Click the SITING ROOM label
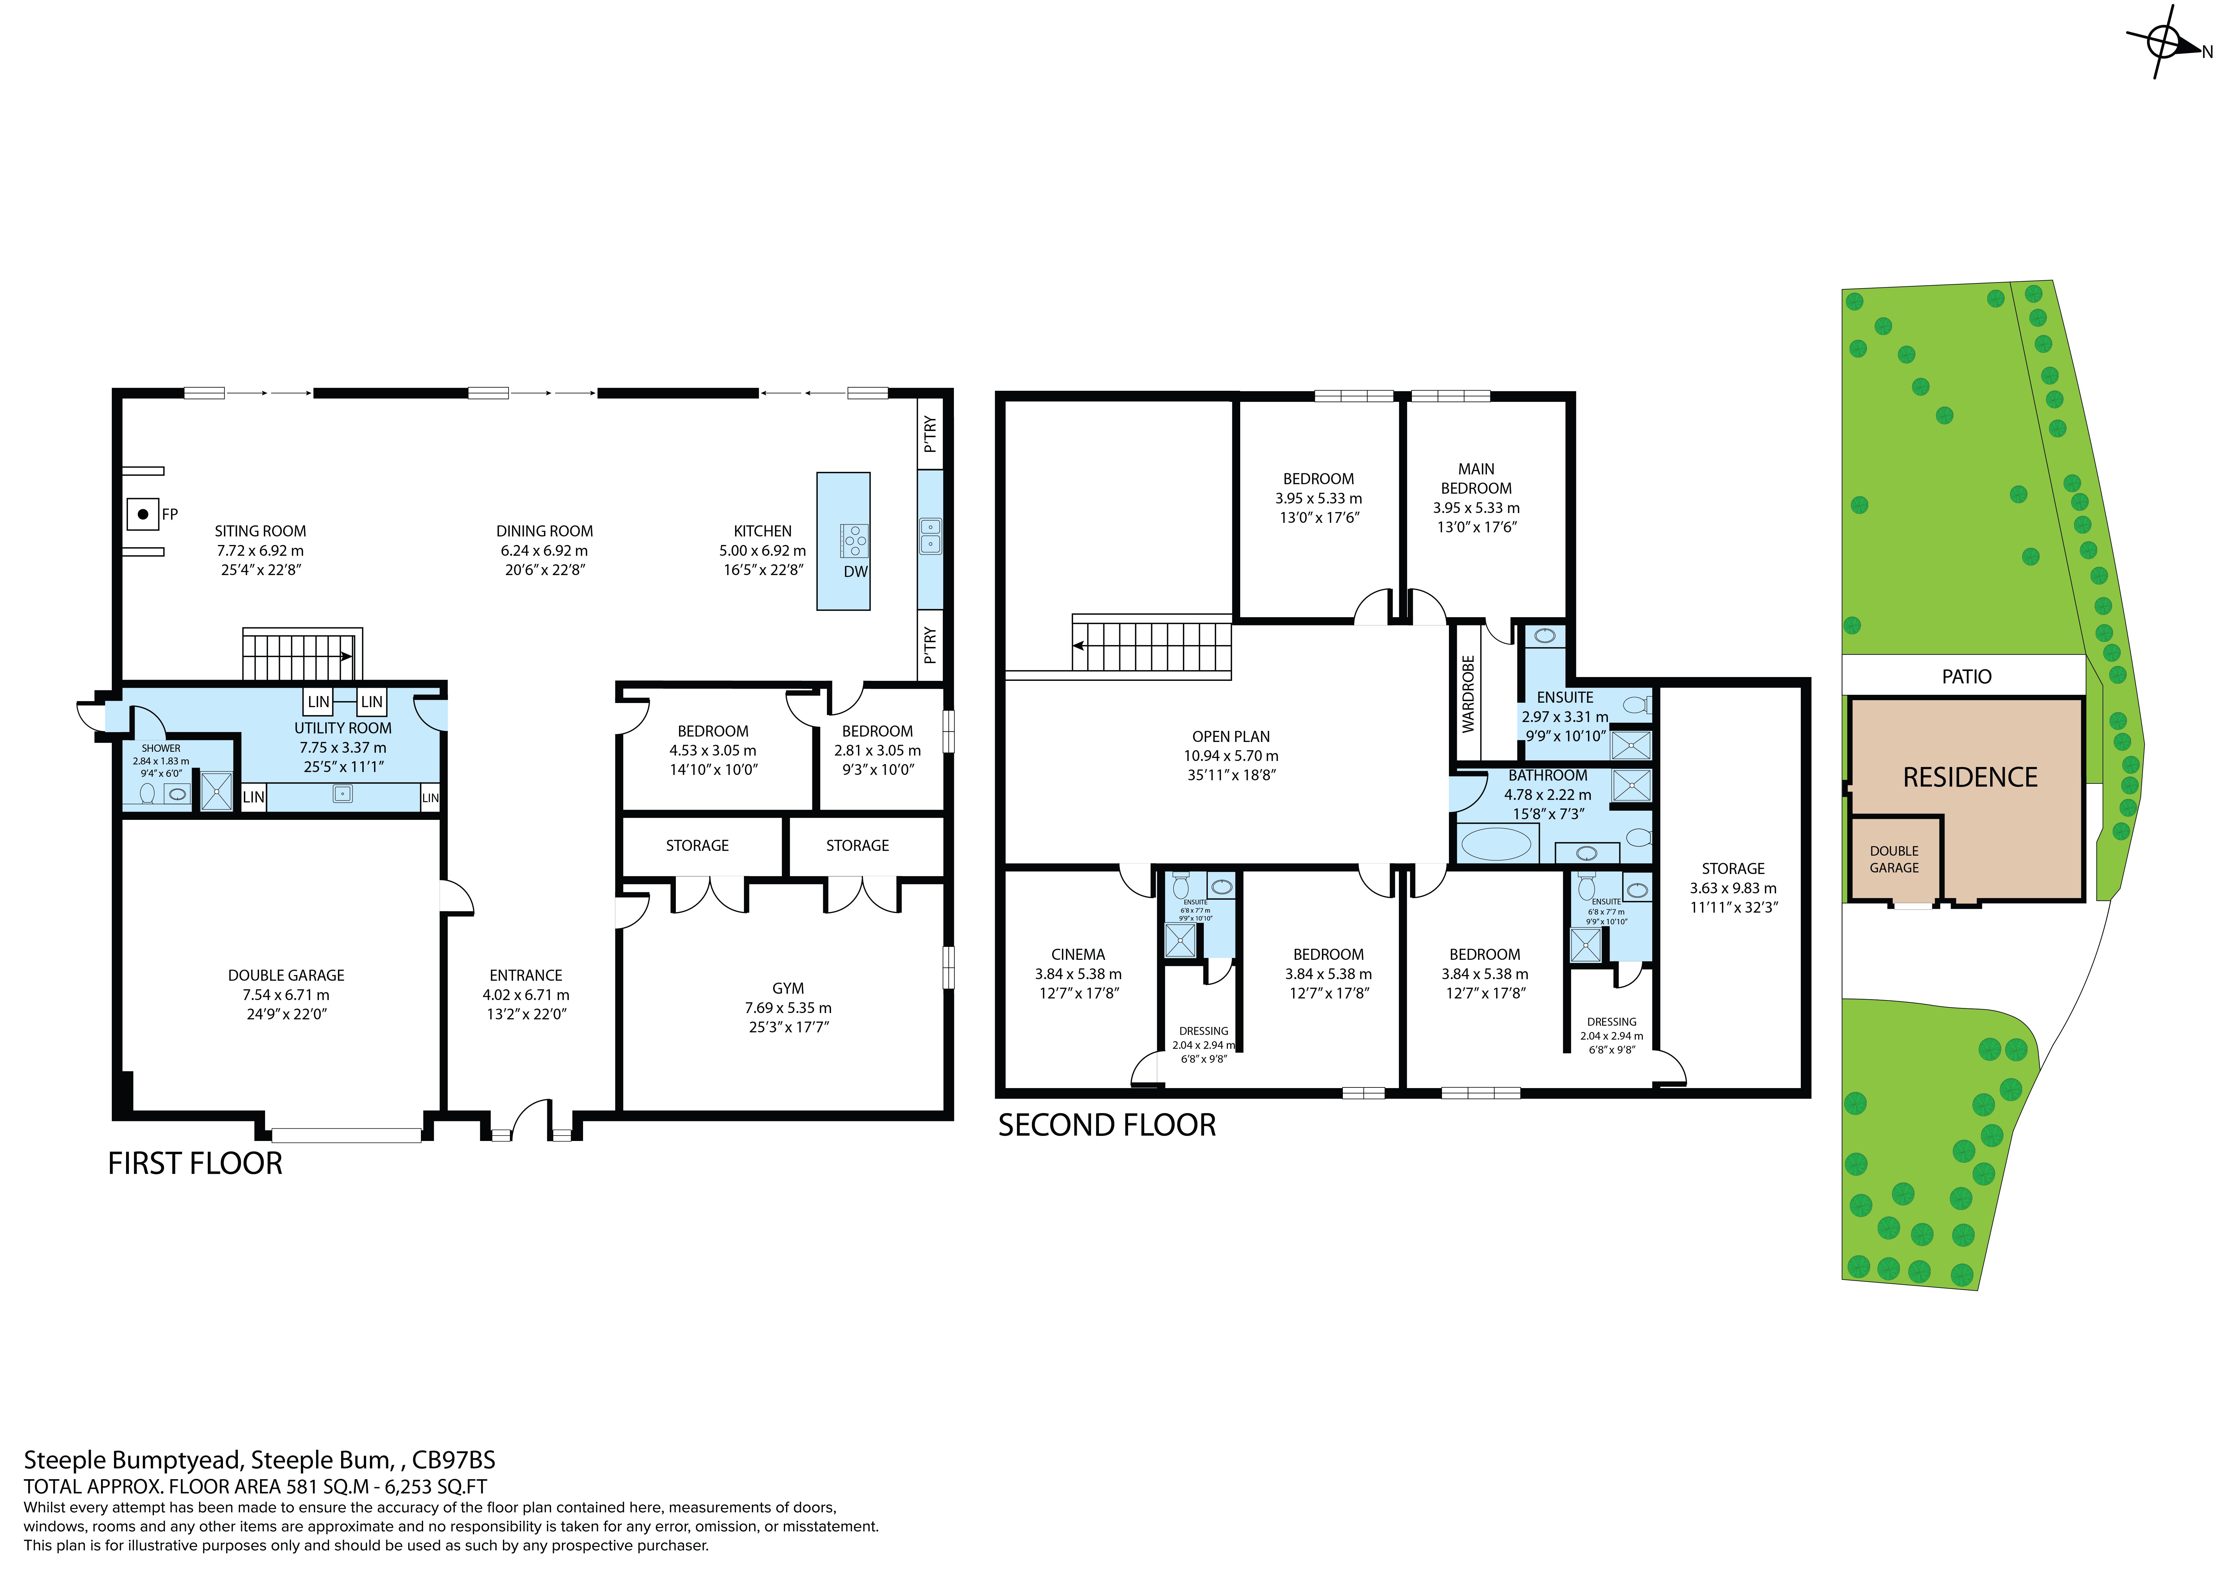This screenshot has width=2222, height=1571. coord(260,531)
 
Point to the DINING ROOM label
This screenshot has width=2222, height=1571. coord(545,531)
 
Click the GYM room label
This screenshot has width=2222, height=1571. coord(788,988)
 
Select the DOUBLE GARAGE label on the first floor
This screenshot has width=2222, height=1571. coord(287,976)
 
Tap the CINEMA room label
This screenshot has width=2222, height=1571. coord(1078,954)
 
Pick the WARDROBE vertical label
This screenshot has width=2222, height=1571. coord(1468,694)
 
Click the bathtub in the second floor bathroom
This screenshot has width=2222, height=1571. coord(1496,843)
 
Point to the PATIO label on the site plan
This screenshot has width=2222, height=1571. coord(1966,677)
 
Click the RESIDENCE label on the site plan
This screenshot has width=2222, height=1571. coord(1971,777)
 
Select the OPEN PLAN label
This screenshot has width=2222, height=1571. coord(1231,737)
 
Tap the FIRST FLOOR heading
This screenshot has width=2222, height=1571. coord(195,1163)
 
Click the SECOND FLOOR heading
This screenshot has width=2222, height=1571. coord(1107,1125)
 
